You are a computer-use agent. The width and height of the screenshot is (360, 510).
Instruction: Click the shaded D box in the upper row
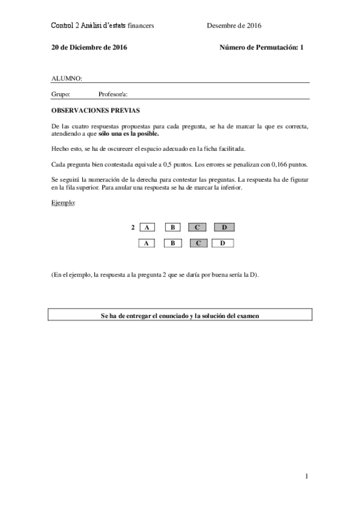pyautogui.click(x=224, y=227)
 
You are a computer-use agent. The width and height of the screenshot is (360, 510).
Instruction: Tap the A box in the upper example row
pyautogui.click(x=147, y=227)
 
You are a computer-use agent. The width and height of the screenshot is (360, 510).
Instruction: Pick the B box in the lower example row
pyautogui.click(x=172, y=243)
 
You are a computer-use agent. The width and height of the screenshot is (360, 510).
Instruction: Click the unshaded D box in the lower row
pyautogui.click(x=223, y=243)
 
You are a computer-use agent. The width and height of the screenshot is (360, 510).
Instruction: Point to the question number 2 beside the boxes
pyautogui.click(x=133, y=227)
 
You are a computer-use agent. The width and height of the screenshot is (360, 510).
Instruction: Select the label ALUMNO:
pyautogui.click(x=67, y=78)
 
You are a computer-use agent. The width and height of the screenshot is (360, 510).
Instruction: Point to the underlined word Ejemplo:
pyautogui.click(x=64, y=203)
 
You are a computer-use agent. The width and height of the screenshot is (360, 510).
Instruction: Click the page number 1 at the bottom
pyautogui.click(x=307, y=477)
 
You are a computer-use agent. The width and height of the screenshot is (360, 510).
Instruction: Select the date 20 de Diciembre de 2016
pyautogui.click(x=89, y=47)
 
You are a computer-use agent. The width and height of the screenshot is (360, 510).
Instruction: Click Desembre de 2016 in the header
pyautogui.click(x=234, y=25)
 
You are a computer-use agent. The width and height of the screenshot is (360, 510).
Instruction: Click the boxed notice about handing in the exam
pyautogui.click(x=180, y=315)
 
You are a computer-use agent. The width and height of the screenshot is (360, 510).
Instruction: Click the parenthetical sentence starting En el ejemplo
pyautogui.click(x=155, y=274)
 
